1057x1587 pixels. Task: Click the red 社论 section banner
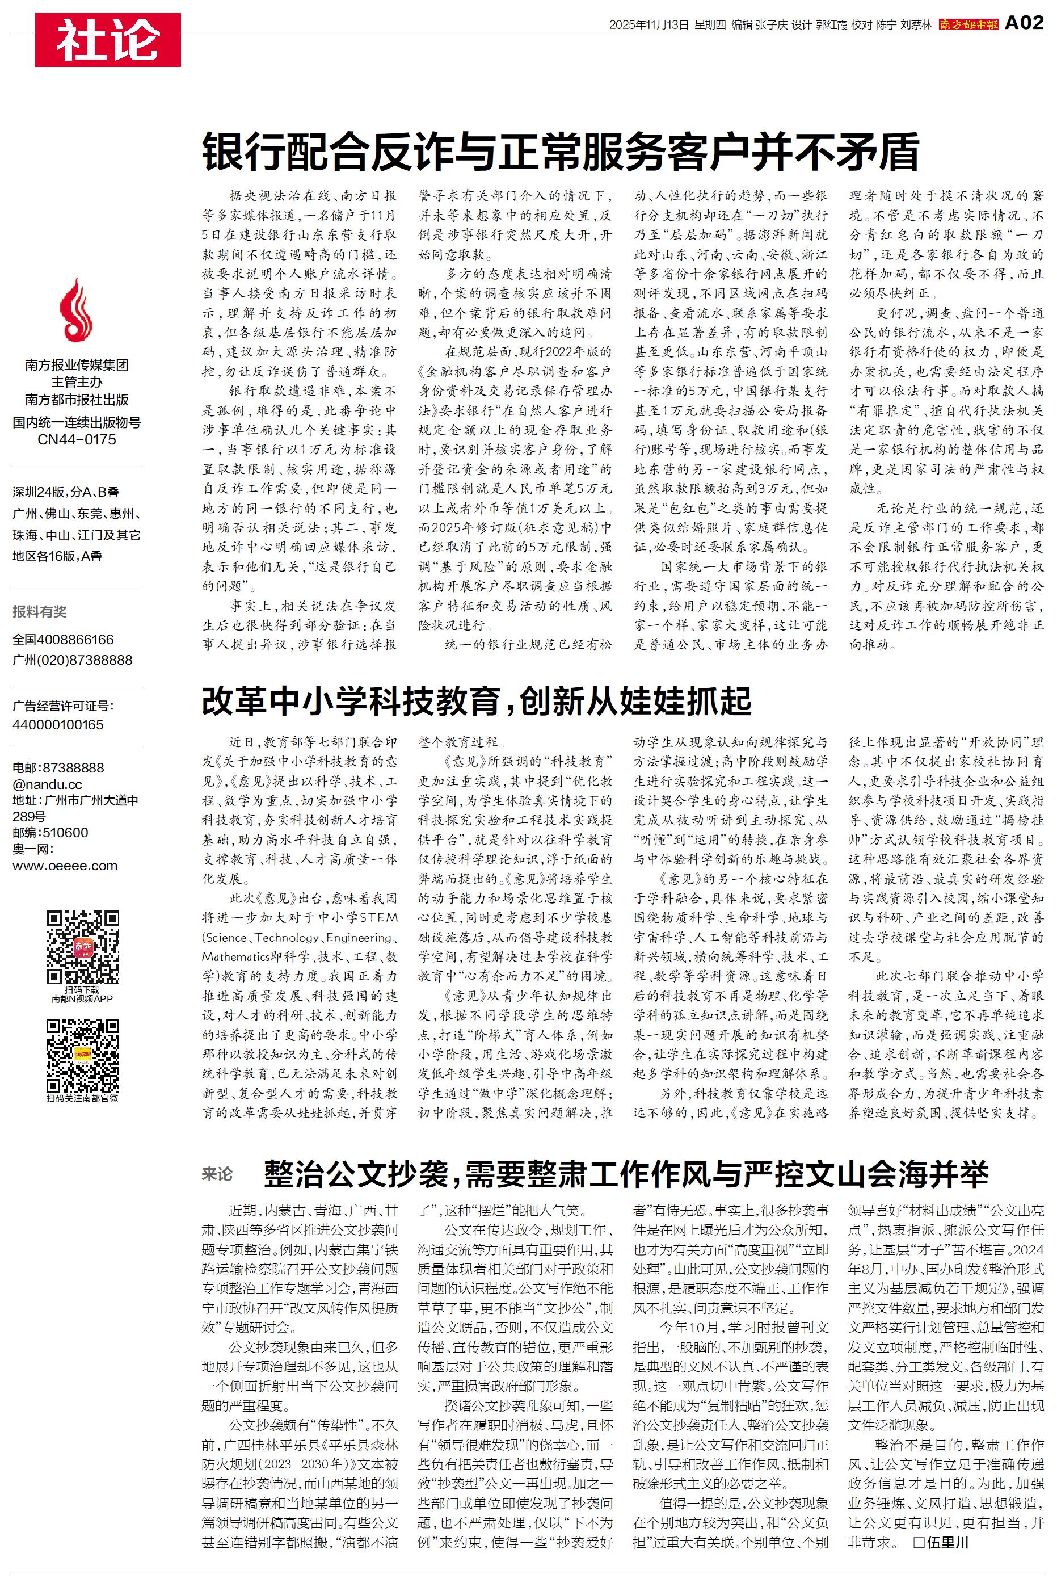tap(108, 40)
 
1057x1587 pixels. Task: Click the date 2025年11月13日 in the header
tap(648, 25)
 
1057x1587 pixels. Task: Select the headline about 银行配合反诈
tap(560, 152)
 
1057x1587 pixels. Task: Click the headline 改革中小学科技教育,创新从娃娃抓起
tap(477, 701)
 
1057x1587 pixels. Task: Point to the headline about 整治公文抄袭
tap(626, 1174)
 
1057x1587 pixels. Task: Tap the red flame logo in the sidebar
tap(76, 311)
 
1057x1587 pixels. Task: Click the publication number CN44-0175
tap(77, 439)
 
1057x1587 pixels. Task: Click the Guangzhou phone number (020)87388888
tap(73, 660)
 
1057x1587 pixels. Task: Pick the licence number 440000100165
tap(58, 725)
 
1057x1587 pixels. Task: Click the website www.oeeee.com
tap(65, 866)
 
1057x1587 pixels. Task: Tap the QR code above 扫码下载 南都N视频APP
tap(82, 947)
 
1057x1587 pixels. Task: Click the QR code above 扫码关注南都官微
tap(82, 1056)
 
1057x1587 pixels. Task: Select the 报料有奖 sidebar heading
tap(40, 611)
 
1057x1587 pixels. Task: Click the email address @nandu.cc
tap(47, 784)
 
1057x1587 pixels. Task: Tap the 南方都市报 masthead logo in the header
tap(968, 24)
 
